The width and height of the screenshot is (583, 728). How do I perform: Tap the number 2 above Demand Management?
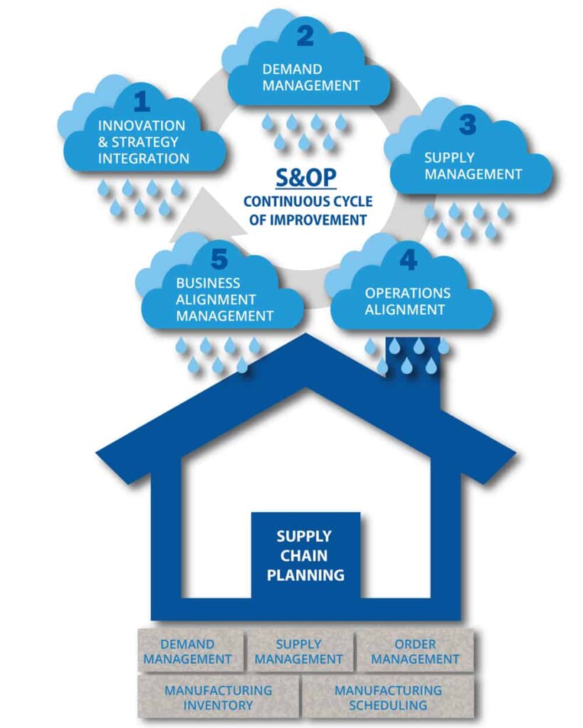point(305,36)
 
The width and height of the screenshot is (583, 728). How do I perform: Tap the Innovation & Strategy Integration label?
point(143,142)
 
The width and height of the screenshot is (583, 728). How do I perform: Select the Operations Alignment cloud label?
point(408,301)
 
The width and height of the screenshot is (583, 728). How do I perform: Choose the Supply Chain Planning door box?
point(305,555)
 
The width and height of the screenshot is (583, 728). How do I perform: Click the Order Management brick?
point(415,652)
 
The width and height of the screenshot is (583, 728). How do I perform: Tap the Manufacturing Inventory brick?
point(218,697)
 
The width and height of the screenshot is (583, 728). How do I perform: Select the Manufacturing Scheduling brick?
point(388,697)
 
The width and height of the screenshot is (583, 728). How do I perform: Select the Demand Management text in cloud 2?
point(311,77)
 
